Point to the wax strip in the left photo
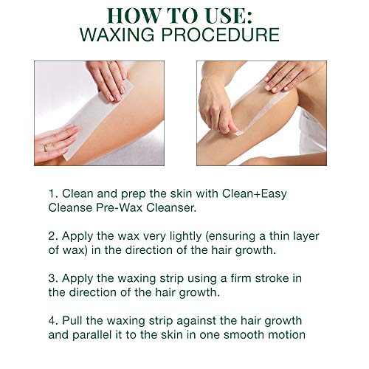coord(96,118)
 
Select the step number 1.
coord(52,194)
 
